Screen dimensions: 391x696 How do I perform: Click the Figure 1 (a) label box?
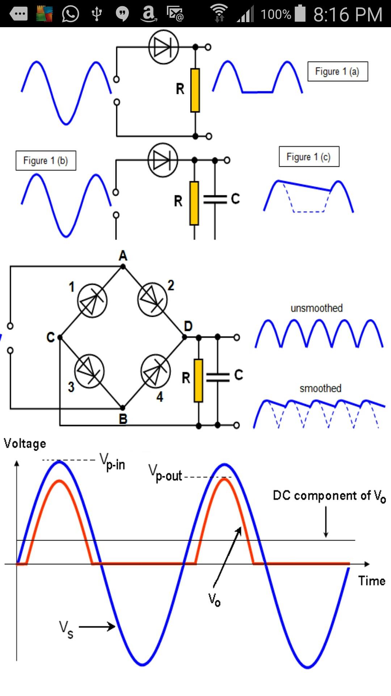click(338, 71)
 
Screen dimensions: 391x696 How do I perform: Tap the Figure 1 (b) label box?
click(46, 161)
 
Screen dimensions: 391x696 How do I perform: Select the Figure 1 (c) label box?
click(309, 157)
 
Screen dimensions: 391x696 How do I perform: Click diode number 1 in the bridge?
click(92, 301)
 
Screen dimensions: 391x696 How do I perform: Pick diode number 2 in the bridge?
click(152, 299)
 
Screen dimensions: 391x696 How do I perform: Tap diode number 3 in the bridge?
click(89, 371)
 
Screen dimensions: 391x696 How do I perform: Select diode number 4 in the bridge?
click(156, 370)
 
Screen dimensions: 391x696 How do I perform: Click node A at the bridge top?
click(123, 266)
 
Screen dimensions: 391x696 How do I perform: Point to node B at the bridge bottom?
click(123, 408)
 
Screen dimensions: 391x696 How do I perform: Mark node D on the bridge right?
click(184, 337)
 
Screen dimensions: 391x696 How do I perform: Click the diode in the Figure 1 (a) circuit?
click(164, 47)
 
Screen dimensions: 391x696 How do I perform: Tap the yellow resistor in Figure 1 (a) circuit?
click(195, 90)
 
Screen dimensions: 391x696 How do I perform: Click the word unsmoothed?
click(316, 308)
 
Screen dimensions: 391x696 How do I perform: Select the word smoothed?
click(320, 388)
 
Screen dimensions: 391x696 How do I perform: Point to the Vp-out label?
click(165, 473)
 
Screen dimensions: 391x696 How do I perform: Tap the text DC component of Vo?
click(329, 496)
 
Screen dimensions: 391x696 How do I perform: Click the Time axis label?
click(372, 581)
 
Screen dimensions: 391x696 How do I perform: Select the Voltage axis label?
click(25, 444)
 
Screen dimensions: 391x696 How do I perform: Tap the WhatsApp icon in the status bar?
click(71, 14)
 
